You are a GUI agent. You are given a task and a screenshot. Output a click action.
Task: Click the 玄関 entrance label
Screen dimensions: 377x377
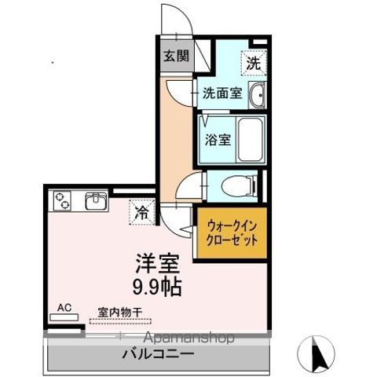pyautogui.click(x=176, y=56)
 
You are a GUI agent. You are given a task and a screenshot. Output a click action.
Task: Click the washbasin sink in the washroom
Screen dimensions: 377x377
pyautogui.click(x=258, y=97)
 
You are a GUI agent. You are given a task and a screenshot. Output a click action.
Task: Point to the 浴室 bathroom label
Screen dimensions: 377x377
pyautogui.click(x=218, y=141)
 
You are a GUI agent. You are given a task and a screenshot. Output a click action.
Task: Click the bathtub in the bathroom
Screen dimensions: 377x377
pyautogui.click(x=249, y=139)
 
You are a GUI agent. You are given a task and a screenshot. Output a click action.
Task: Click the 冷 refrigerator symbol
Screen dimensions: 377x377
pyautogui.click(x=141, y=211)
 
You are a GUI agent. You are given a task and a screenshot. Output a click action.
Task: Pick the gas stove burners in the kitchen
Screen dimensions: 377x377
pyautogui.click(x=62, y=202)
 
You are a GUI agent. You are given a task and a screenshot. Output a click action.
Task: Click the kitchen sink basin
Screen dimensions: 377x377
pyautogui.click(x=95, y=202)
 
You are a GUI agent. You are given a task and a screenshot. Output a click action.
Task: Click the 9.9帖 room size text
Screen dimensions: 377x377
pyautogui.click(x=156, y=287)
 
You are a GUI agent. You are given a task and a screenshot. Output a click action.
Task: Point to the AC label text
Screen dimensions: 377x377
pyautogui.click(x=65, y=309)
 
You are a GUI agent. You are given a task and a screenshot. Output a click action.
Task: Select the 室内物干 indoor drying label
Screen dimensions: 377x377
pyautogui.click(x=119, y=312)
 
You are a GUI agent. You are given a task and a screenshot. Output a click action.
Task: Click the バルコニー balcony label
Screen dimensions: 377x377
pyautogui.click(x=157, y=354)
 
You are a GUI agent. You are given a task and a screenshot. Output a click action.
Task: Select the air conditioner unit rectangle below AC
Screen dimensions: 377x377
pyautogui.click(x=65, y=318)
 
